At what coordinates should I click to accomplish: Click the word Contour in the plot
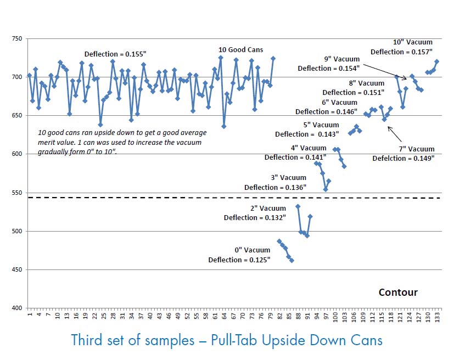tap(398, 292)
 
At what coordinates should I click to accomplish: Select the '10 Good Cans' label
tap(240, 50)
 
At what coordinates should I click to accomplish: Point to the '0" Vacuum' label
tap(252, 250)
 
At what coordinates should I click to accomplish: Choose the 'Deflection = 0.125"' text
tap(239, 260)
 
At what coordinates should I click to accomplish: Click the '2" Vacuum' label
tap(268, 208)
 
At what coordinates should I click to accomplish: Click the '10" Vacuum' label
tap(413, 42)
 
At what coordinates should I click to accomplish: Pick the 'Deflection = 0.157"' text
tap(401, 52)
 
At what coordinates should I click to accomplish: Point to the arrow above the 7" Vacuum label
tap(395, 134)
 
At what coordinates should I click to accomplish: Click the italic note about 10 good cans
tap(119, 143)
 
